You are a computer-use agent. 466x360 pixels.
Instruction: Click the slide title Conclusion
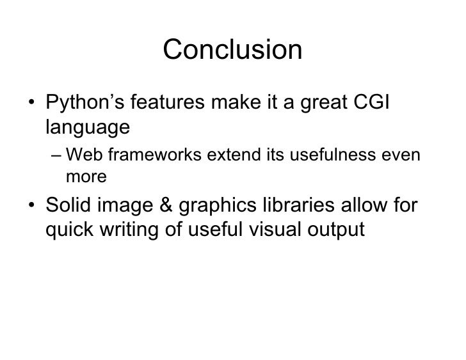point(232,51)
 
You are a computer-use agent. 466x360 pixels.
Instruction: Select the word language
point(87,126)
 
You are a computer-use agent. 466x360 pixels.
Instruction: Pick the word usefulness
point(332,155)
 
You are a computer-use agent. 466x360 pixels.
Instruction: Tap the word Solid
point(69,206)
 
